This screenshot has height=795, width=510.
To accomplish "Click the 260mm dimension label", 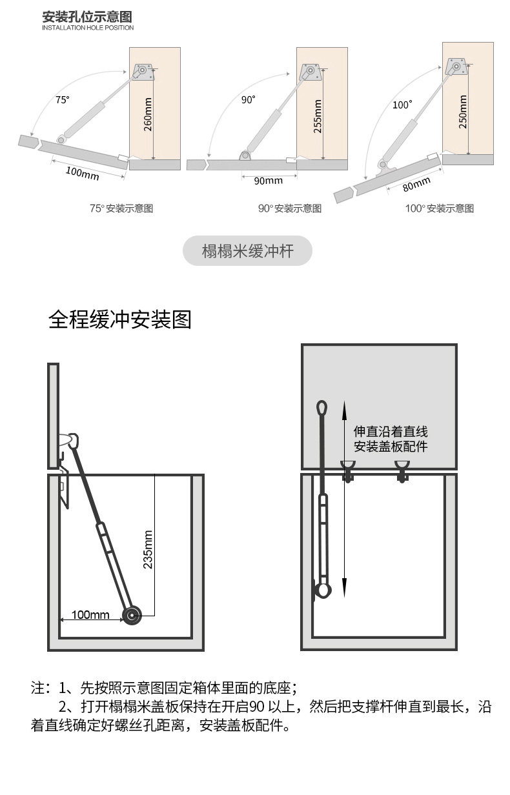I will tap(147, 115).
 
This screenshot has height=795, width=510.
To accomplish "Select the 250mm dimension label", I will tap(463, 112).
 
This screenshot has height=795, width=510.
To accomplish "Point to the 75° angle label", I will tap(61, 99).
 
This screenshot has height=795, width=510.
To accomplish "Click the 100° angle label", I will tap(402, 105).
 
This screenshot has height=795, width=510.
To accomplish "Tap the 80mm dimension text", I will tap(417, 185).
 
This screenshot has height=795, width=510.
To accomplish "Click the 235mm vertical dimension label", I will tap(148, 550).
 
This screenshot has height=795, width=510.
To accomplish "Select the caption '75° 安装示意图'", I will tap(121, 208).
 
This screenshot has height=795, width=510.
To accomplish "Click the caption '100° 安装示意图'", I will tap(440, 208).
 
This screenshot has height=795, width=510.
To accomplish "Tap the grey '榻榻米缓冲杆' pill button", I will tap(247, 251).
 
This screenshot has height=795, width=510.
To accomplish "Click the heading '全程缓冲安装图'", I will tap(120, 319).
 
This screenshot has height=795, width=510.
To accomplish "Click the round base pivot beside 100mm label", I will tap(133, 615).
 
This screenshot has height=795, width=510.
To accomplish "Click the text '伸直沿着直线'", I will tap(391, 431).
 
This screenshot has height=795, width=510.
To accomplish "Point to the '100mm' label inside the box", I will tap(90, 614).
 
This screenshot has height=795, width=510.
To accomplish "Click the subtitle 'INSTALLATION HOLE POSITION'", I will tap(88, 28).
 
